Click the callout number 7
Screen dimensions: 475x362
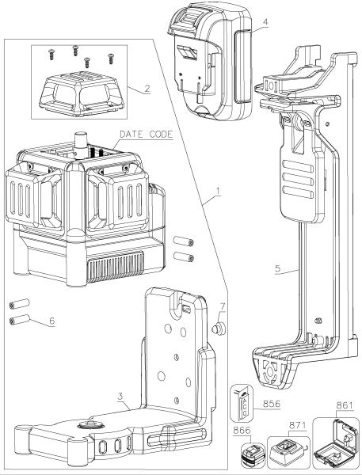pos(223,305)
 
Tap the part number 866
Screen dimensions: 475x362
pos(244,433)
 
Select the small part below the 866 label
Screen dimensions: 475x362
pos(250,456)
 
